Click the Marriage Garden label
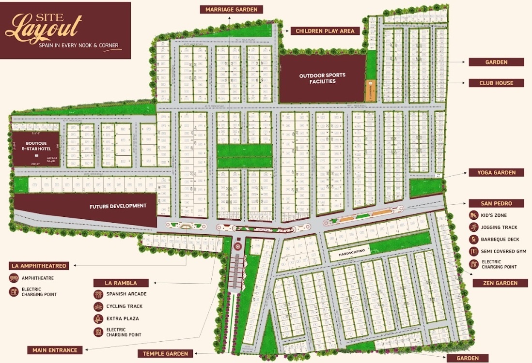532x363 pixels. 232,10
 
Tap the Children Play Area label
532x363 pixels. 325,31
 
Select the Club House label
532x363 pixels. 496,83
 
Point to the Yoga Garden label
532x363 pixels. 496,173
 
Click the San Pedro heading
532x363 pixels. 496,203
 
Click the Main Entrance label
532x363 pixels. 55,350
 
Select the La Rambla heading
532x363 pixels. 121,283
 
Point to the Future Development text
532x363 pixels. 118,206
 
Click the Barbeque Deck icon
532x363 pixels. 473,240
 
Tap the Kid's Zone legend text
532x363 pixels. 494,215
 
